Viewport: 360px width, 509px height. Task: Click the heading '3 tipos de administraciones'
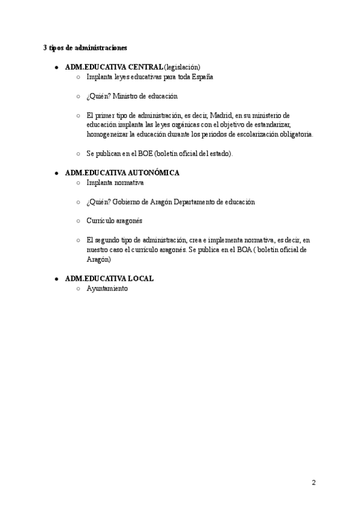click(85, 47)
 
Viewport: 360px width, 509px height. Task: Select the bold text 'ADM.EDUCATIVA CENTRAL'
click(113, 67)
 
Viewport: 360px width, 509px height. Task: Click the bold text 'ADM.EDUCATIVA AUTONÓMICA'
click(122, 173)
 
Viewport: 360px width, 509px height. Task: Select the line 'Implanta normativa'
click(115, 182)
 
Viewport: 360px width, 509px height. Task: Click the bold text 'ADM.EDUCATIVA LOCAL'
click(109, 279)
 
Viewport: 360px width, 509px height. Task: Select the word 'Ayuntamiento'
click(107, 288)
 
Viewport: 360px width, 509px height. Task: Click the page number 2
click(314, 483)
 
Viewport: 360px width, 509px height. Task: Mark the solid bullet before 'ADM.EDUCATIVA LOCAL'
click(56, 279)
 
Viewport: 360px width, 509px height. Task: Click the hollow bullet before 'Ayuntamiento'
click(78, 289)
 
